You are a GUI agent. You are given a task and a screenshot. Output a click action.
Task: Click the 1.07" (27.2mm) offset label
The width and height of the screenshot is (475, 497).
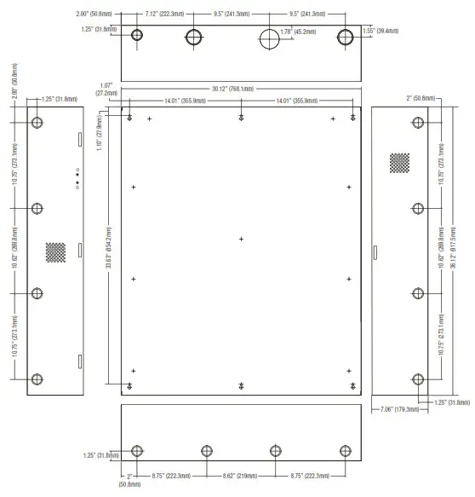tap(106, 90)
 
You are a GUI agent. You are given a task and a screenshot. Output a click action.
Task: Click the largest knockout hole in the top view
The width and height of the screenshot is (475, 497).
tap(270, 38)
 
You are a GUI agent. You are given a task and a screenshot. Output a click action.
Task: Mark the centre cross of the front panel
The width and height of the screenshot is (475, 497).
tap(241, 240)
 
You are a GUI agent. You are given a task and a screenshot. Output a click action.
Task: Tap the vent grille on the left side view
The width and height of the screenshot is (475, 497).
tap(55, 251)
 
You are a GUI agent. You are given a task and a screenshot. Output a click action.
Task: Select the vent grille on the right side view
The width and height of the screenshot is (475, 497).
tap(399, 162)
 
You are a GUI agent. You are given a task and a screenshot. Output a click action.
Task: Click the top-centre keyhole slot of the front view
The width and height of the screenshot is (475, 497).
tap(242, 117)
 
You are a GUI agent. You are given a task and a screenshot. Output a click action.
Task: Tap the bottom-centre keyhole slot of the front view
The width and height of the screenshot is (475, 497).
tap(242, 385)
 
